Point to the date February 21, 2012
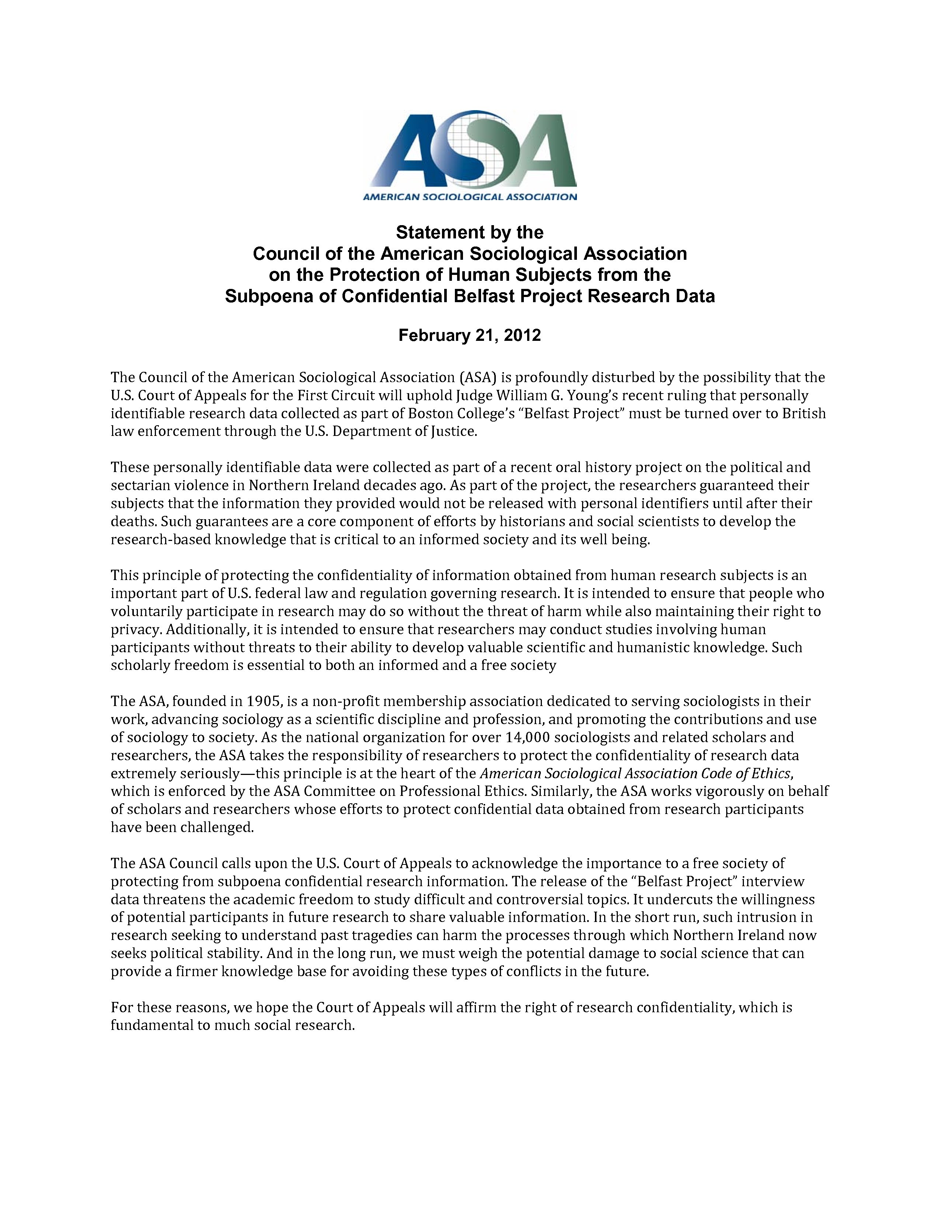pyautogui.click(x=469, y=336)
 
